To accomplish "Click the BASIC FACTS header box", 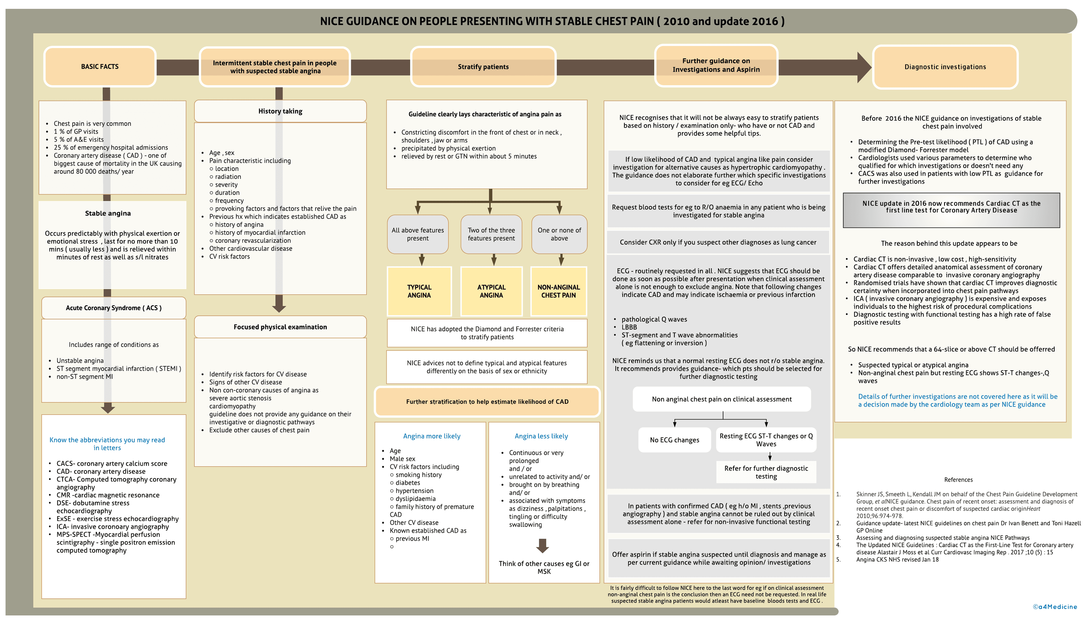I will pyautogui.click(x=100, y=67).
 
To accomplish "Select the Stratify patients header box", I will pyautogui.click(x=483, y=67).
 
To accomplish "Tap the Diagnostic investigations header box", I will pyautogui.click(x=945, y=67).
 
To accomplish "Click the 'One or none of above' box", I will pyautogui.click(x=559, y=234).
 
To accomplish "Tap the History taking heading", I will pyautogui.click(x=280, y=111).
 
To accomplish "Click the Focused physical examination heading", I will pyautogui.click(x=280, y=327).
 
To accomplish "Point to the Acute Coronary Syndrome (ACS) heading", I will pyautogui.click(x=114, y=308).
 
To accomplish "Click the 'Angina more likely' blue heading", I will pyautogui.click(x=432, y=436).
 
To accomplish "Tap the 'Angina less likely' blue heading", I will pyautogui.click(x=541, y=436).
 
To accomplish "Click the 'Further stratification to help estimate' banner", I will pyautogui.click(x=487, y=402).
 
